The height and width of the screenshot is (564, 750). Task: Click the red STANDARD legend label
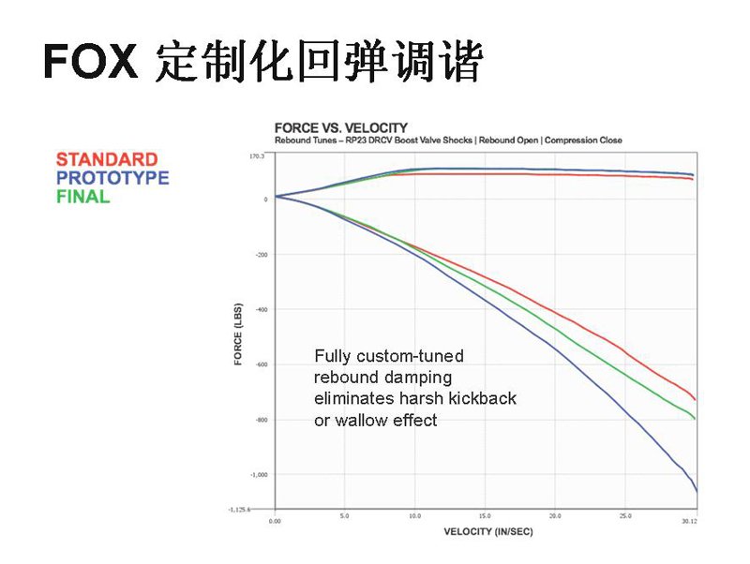click(x=107, y=159)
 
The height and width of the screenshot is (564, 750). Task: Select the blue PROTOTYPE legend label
click(x=112, y=178)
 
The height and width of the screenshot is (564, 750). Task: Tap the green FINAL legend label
click(x=83, y=197)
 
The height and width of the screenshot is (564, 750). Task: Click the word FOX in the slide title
click(x=91, y=61)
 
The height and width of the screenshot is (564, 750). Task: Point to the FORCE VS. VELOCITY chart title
click(x=341, y=128)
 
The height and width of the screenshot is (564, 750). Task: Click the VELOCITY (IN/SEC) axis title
click(x=487, y=531)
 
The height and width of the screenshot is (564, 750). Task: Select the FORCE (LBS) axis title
click(x=238, y=334)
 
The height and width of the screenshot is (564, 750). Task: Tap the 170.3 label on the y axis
click(x=257, y=156)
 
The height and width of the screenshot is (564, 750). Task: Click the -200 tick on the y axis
click(x=262, y=255)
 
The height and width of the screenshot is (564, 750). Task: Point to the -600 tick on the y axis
click(x=262, y=364)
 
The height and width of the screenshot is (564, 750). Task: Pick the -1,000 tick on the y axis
click(x=259, y=475)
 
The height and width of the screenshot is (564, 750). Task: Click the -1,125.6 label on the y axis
click(x=239, y=510)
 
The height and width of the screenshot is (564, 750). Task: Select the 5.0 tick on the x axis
click(x=344, y=516)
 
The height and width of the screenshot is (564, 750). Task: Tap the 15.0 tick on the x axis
click(x=485, y=516)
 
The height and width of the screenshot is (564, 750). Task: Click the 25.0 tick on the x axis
click(x=625, y=516)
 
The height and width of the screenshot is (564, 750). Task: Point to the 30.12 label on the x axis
click(x=689, y=521)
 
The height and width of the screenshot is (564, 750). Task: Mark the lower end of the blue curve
click(x=697, y=491)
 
